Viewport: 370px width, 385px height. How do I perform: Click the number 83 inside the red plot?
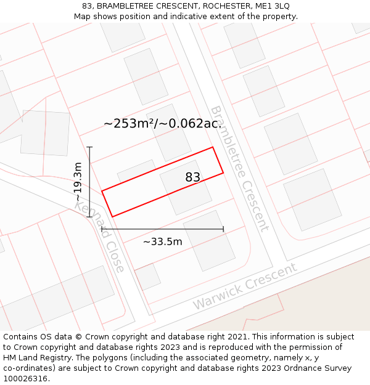tap(192, 177)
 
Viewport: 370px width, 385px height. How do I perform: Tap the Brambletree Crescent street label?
tap(239, 168)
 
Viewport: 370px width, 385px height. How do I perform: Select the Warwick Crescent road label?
tap(245, 286)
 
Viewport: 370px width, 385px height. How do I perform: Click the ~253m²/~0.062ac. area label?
tap(162, 123)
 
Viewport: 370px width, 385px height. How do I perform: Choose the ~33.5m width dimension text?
tap(162, 241)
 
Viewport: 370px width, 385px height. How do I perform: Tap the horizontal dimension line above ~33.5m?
tap(162, 229)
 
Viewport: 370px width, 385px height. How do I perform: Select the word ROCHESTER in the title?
tap(218, 6)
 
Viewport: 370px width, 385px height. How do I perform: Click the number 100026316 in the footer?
tap(25, 378)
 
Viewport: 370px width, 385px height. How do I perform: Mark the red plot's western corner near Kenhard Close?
tap(102, 192)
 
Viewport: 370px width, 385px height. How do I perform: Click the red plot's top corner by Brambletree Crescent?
tap(213, 147)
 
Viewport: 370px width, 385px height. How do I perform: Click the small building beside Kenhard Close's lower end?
tap(147, 277)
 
